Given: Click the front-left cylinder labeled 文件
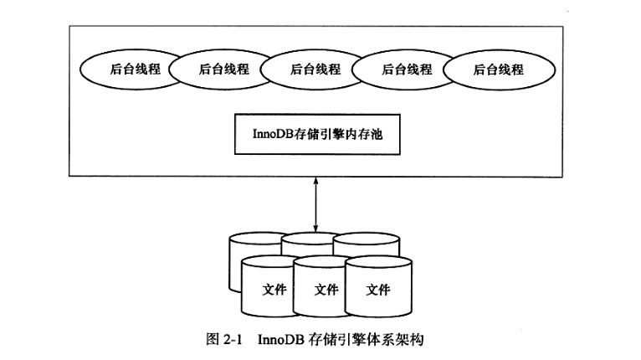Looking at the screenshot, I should coord(274,289).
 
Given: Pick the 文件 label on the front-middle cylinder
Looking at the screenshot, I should coord(326,290).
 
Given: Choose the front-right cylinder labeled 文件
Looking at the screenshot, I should coord(378,289).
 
